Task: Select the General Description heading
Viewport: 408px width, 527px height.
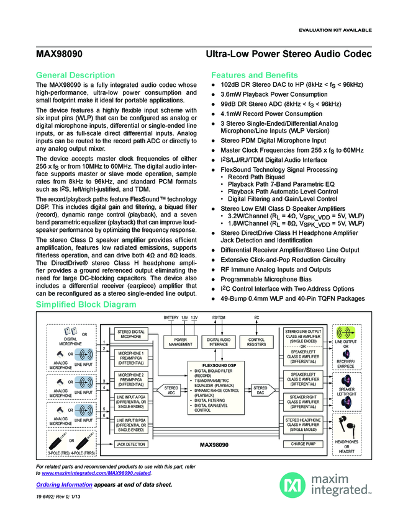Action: tap(75, 75)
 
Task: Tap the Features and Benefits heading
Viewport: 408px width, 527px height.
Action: tap(255, 75)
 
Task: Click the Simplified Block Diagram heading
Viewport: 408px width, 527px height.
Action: tap(86, 305)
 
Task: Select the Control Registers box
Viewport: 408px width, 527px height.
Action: tap(256, 342)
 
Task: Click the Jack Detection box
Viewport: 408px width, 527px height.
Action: tap(130, 444)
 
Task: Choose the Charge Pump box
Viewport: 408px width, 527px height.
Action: tap(302, 444)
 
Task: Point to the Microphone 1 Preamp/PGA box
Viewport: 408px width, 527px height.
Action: tap(130, 358)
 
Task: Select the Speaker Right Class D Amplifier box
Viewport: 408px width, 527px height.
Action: tap(302, 402)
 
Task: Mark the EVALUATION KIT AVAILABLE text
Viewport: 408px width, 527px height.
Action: tap(335, 30)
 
